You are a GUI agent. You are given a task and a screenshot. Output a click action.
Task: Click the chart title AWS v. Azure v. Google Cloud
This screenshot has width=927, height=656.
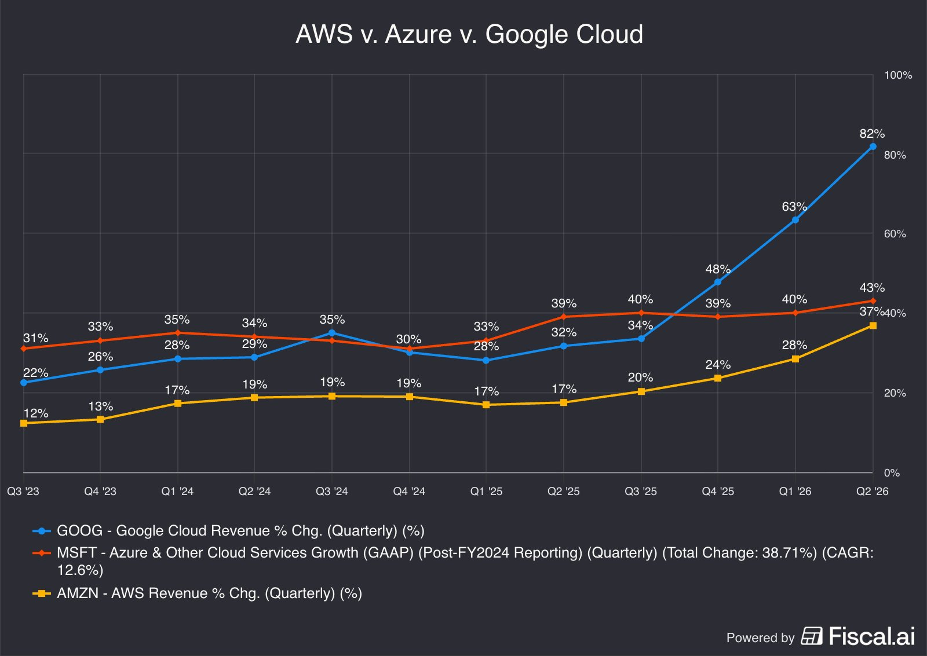469,34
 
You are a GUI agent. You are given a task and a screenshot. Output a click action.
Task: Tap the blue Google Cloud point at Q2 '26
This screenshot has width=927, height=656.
873,146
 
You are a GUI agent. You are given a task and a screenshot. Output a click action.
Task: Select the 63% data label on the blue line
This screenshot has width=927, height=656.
794,206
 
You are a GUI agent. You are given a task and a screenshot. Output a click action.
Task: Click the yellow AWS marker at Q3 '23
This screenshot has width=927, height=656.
24,423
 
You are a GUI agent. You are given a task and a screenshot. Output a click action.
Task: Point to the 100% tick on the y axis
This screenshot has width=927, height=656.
898,75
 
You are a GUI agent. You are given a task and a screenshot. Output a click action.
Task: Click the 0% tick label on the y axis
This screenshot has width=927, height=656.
892,473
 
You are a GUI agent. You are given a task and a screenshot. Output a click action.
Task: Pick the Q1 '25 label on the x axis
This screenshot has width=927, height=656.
486,492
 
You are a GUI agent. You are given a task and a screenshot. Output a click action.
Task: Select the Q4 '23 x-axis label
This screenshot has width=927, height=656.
100,492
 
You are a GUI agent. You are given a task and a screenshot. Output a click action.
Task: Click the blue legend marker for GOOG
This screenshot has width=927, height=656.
42,531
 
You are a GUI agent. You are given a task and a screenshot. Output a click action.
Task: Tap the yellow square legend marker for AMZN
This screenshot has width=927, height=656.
42,593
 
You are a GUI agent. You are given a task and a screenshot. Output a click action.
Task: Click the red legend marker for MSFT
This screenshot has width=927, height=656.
42,553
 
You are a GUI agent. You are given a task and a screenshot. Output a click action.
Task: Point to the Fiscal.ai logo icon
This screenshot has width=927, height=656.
812,636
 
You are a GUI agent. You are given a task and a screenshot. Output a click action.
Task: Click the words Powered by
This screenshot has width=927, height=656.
761,638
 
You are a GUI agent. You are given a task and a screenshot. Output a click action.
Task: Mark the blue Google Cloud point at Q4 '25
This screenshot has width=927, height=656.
718,282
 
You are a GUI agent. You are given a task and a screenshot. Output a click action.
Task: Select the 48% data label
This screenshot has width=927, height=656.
718,269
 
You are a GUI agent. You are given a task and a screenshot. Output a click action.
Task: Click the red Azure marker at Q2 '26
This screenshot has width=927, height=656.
873,300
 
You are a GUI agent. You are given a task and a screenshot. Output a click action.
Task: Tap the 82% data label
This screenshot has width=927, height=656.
872,134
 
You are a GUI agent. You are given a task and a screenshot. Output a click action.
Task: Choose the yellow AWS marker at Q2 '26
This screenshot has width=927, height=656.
873,325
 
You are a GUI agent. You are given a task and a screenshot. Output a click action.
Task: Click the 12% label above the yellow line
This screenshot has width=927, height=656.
35,413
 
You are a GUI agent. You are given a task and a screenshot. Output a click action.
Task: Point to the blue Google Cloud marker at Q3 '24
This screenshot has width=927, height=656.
331,333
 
